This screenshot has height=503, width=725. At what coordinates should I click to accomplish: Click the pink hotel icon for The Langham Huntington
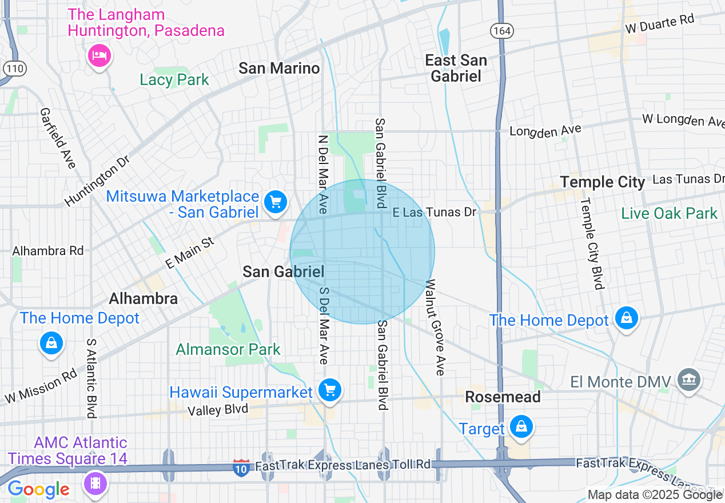[x=100, y=55]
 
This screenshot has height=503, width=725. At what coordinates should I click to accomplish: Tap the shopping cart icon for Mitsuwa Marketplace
[x=276, y=202]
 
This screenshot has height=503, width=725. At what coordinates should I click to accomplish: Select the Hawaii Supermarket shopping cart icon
[x=329, y=390]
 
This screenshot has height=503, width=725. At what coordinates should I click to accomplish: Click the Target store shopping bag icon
[x=521, y=427]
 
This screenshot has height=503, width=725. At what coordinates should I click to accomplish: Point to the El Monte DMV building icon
[x=688, y=380]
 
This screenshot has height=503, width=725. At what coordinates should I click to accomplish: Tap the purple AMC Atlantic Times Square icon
[x=95, y=482]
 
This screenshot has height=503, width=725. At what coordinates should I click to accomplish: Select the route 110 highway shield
[x=14, y=69]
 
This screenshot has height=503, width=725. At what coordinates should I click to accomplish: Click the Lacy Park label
[x=174, y=79]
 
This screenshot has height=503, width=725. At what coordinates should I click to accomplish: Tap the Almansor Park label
[x=228, y=349]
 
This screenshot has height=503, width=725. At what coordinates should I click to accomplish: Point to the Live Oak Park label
[x=669, y=214]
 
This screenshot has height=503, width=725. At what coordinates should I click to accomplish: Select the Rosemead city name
[x=503, y=397]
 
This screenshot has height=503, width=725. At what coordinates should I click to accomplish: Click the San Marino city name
[x=279, y=69]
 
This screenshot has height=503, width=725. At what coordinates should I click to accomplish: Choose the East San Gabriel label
[x=456, y=68]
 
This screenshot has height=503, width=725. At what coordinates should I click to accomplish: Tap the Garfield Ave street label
[x=58, y=139]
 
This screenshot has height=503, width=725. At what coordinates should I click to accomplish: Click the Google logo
[x=38, y=489]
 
